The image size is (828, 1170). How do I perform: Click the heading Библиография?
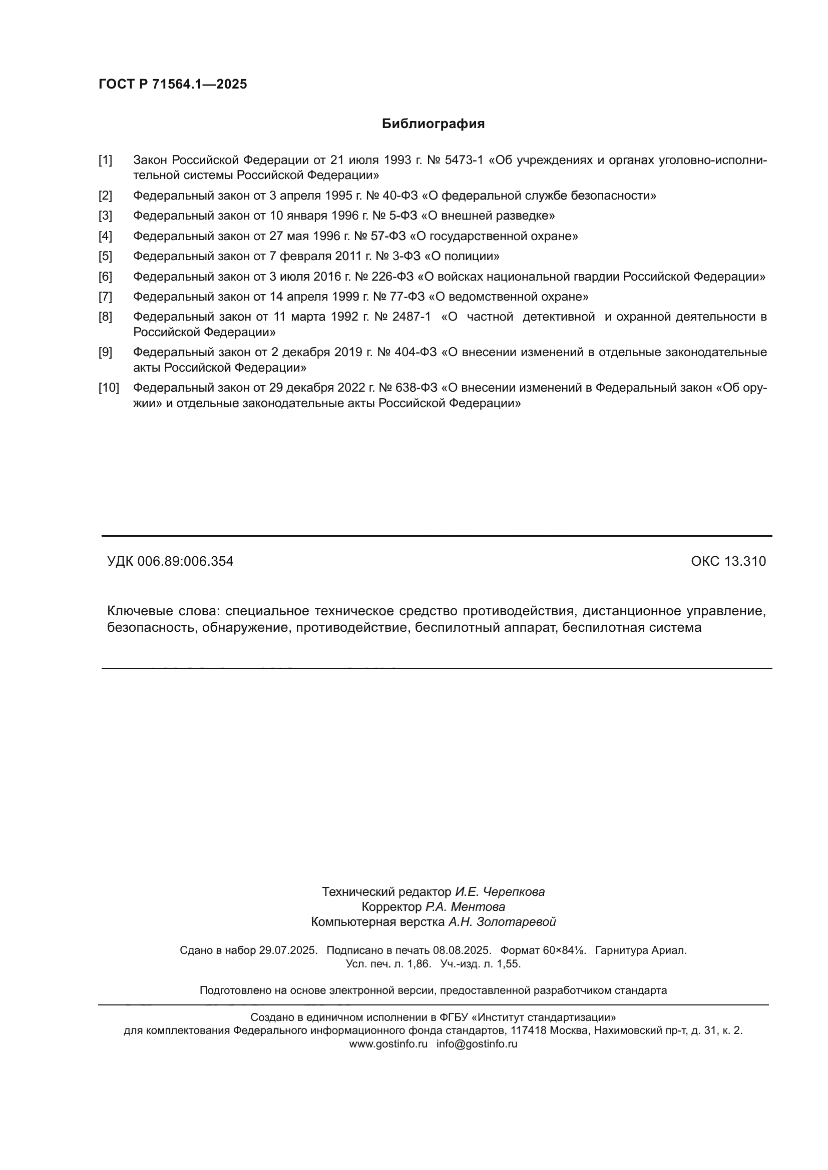[433, 124]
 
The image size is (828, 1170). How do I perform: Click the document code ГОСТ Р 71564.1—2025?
[172, 84]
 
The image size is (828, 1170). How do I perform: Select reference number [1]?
[105, 160]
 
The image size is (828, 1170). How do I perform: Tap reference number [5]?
[105, 256]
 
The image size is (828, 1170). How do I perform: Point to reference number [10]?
[108, 388]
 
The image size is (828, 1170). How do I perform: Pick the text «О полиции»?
[462, 256]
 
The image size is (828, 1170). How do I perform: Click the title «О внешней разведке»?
[488, 216]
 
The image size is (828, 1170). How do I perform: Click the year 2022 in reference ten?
[351, 388]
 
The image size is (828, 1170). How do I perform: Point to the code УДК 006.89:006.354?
[170, 561]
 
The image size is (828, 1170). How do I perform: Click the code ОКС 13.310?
[728, 561]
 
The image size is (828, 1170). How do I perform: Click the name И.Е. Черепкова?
[500, 892]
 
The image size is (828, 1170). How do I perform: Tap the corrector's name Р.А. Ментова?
[465, 906]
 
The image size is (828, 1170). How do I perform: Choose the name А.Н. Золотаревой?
[502, 921]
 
